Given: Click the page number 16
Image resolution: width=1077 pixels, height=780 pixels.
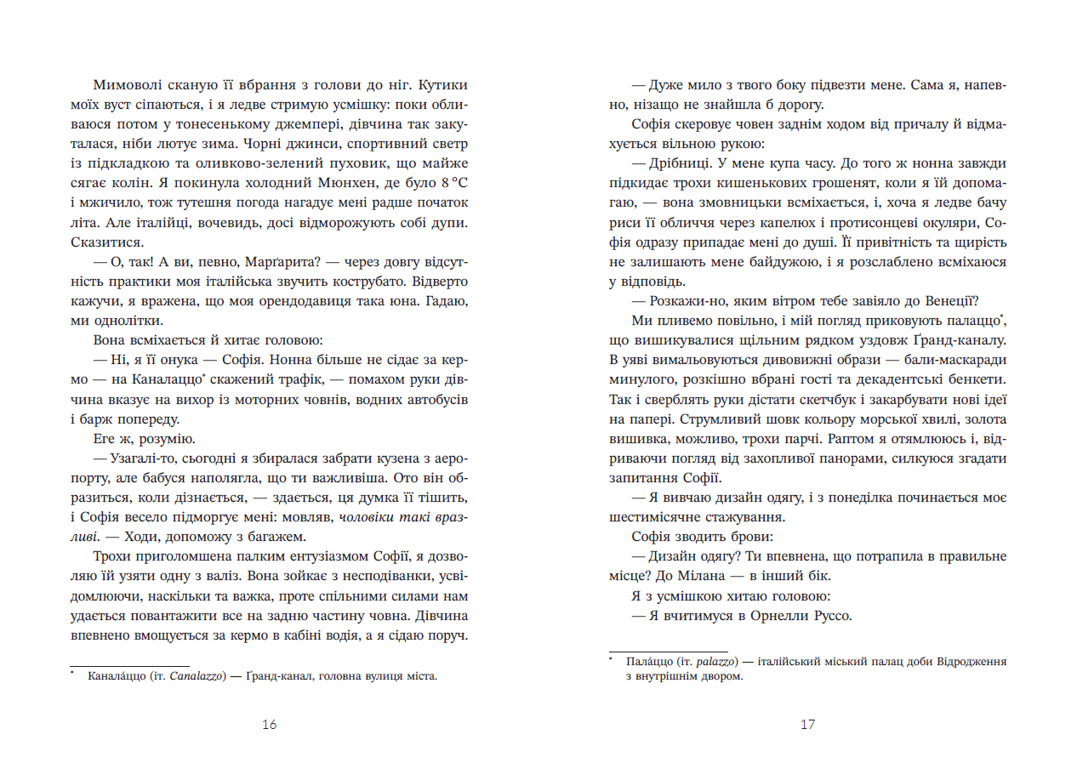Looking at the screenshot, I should [x=270, y=725].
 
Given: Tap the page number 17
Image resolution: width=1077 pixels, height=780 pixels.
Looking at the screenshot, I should [x=807, y=725].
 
